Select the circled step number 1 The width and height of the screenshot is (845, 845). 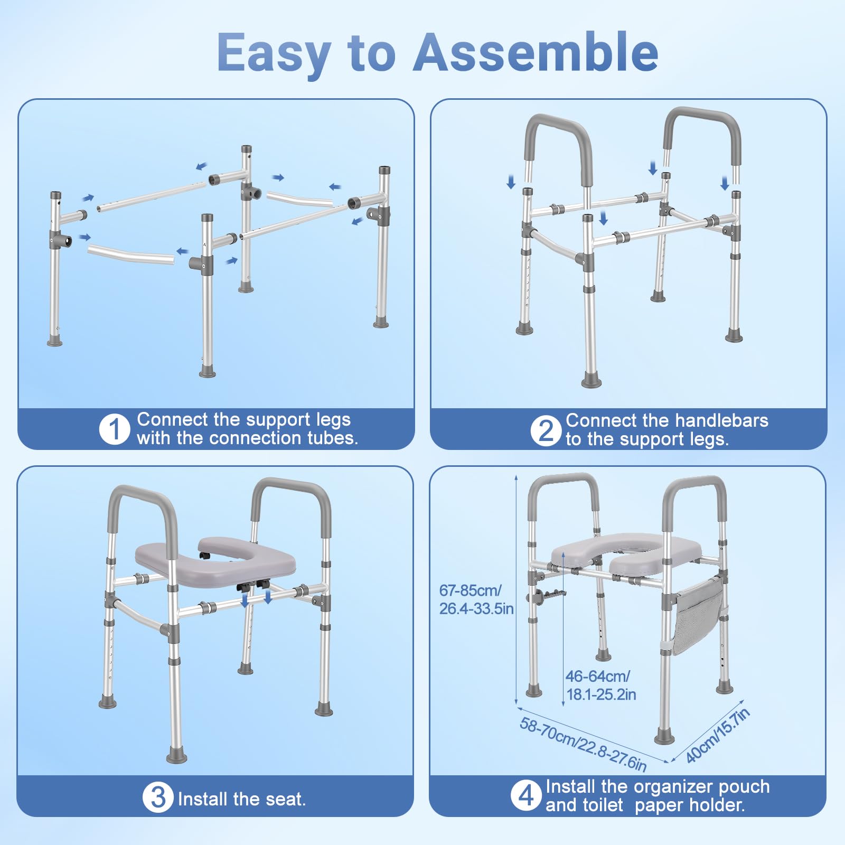[114, 429]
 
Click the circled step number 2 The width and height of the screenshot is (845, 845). [546, 430]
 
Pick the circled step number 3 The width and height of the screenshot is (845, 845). [158, 797]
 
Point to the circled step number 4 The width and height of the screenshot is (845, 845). [526, 795]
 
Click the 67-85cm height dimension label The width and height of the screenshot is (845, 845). [476, 599]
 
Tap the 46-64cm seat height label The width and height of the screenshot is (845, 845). [601, 685]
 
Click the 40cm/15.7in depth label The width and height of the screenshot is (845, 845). [718, 736]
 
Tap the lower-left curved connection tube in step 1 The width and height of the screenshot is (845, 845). [131, 255]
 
